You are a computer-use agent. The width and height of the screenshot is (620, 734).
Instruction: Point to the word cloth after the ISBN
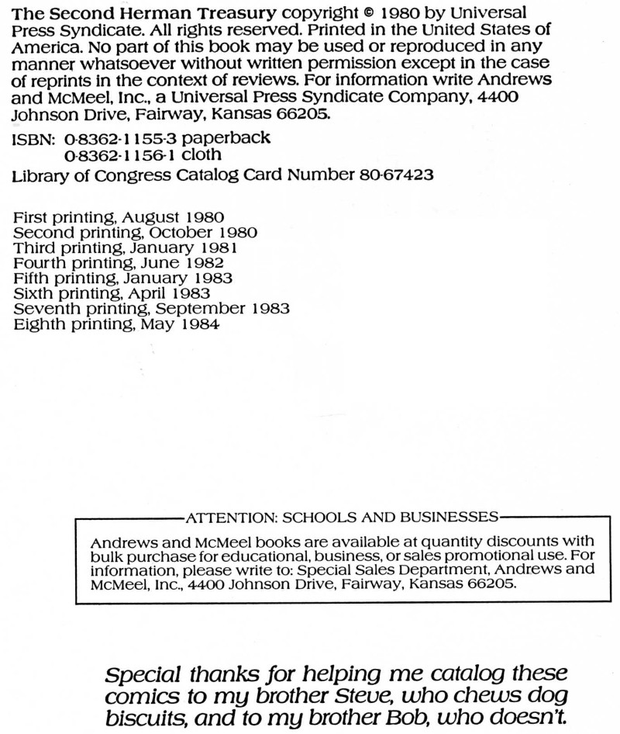(x=201, y=155)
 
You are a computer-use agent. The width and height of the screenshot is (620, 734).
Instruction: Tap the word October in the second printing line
(x=179, y=232)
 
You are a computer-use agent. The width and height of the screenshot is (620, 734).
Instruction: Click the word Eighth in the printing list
(x=39, y=324)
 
